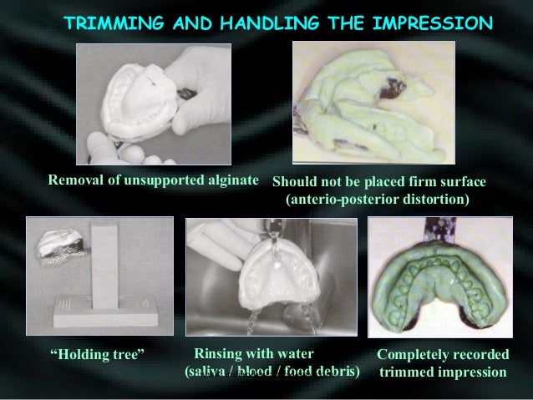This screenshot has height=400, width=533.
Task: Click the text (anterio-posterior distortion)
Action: coord(378,200)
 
